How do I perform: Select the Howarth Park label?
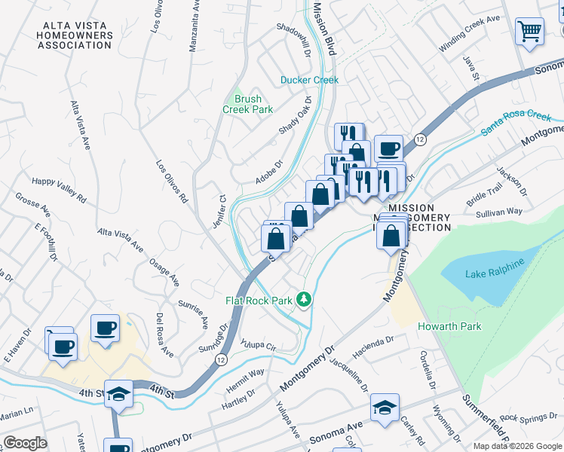pyautogui.click(x=449, y=326)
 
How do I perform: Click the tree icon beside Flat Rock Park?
pyautogui.click(x=304, y=300)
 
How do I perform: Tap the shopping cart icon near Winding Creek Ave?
pyautogui.click(x=530, y=32)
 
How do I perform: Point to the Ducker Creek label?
pyautogui.click(x=309, y=80)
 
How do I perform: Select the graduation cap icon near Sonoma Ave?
pyautogui.click(x=385, y=408)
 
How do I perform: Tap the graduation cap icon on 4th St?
pyautogui.click(x=118, y=394)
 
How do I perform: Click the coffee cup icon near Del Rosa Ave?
pyautogui.click(x=105, y=328)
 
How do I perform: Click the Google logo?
pyautogui.click(x=25, y=442)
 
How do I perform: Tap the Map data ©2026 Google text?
pyautogui.click(x=516, y=446)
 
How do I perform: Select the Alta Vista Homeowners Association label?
pyautogui.click(x=77, y=35)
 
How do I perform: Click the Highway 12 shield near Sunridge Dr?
pyautogui.click(x=220, y=360)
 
